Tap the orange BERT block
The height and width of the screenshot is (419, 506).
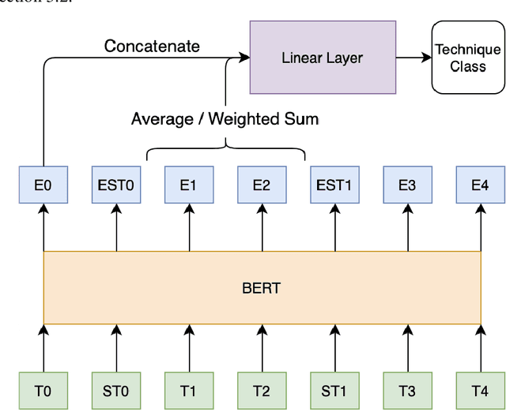coord(262,288)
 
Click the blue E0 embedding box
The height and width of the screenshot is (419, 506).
coord(43,185)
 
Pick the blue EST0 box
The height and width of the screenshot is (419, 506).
coord(116,185)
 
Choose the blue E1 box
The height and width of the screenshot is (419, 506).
coord(189,185)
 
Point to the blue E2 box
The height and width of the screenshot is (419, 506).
coord(262,185)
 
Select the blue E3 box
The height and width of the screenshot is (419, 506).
coord(407,185)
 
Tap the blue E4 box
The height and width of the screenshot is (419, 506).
coord(480,185)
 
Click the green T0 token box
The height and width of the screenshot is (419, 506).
coord(43,391)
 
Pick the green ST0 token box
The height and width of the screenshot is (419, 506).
coord(116,391)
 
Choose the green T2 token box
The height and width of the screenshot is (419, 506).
coord(262,391)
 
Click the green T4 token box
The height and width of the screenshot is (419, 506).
coord(480,391)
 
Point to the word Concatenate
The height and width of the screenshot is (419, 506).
coord(152,46)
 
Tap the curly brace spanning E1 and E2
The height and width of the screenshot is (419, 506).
coord(226,150)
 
